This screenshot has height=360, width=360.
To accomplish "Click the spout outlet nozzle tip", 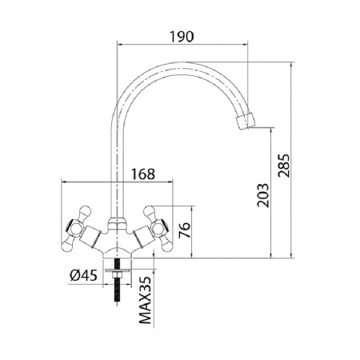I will point(250,122).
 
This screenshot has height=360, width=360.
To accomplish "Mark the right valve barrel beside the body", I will point(139,238).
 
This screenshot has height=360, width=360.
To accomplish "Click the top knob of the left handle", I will point(81,212).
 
